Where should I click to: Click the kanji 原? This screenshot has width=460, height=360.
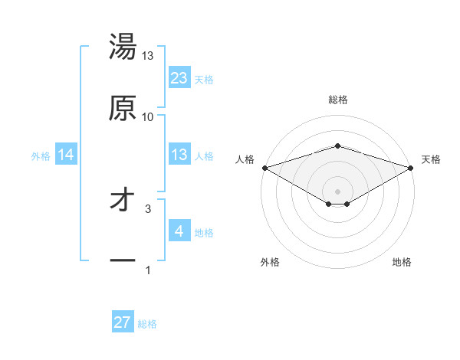(123, 109)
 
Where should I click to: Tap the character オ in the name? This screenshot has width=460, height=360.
(123, 201)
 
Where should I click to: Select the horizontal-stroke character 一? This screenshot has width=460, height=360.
(123, 261)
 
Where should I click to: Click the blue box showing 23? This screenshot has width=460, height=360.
(179, 78)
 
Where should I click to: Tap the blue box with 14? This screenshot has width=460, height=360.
(66, 155)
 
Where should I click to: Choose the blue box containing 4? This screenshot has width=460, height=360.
(179, 231)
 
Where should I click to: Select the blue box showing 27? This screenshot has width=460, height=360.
(123, 322)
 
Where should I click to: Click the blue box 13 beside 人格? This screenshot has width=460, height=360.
(179, 155)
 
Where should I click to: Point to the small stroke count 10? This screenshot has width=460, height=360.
(148, 116)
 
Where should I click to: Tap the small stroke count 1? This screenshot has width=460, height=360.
(148, 270)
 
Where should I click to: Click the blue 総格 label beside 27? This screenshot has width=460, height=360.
(147, 324)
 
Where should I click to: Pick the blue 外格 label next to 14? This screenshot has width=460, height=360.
(41, 156)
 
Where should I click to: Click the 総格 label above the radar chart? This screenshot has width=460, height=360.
(337, 100)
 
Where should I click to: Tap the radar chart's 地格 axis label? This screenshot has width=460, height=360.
(402, 262)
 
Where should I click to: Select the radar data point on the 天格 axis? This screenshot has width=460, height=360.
(411, 167)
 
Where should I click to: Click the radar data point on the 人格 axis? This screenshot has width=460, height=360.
(264, 167)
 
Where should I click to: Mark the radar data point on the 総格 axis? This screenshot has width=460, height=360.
(337, 146)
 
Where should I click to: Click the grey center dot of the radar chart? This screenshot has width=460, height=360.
(337, 191)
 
